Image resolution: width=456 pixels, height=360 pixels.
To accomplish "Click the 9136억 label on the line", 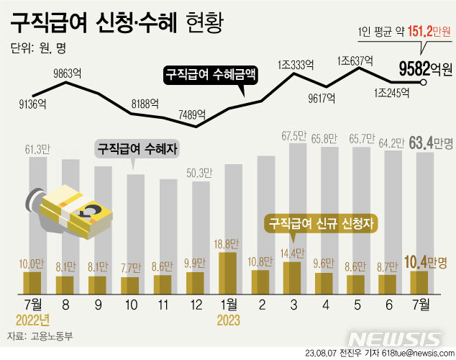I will pos(32,104).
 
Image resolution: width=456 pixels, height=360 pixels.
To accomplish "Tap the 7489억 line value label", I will pos(191,114).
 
